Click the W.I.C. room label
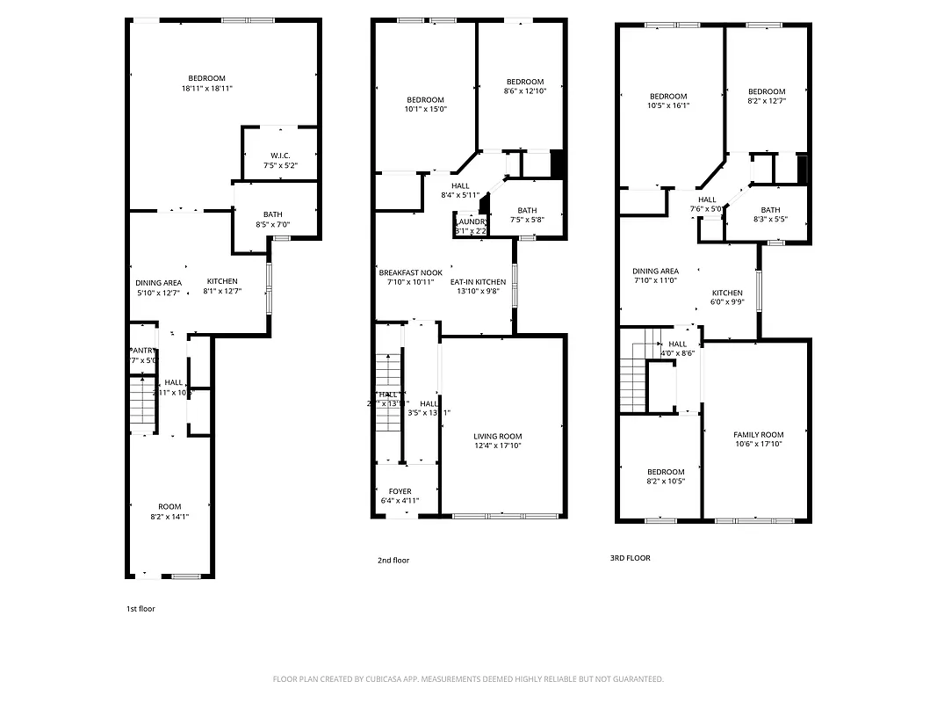click(281, 156)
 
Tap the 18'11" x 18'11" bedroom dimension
click(207, 89)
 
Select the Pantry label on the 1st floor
click(142, 351)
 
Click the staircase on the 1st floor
click(142, 404)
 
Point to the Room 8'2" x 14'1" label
click(169, 507)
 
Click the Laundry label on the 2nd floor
click(471, 221)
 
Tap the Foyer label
click(400, 491)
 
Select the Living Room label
click(498, 437)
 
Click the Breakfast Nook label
click(410, 272)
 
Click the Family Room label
click(758, 435)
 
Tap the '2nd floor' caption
click(393, 561)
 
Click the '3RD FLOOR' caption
click(631, 558)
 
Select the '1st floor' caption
click(141, 608)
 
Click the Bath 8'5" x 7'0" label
click(272, 215)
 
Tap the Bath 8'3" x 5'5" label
click(770, 210)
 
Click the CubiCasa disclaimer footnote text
click(468, 679)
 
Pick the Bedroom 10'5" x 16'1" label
click(668, 97)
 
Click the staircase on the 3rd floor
click(632, 378)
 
